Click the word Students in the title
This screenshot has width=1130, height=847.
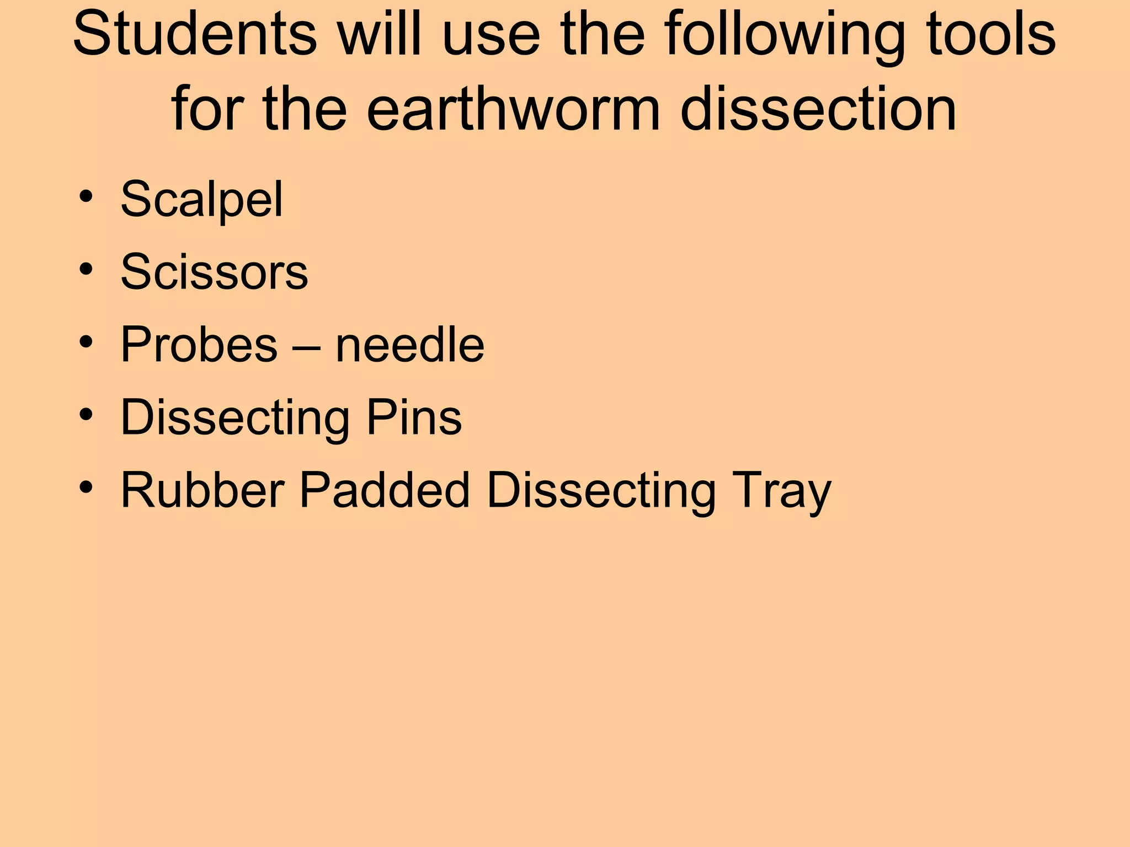195,34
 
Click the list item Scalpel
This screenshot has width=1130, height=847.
201,199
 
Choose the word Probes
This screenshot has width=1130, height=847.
199,345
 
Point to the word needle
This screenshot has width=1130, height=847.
410,345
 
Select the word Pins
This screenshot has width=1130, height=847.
414,417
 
